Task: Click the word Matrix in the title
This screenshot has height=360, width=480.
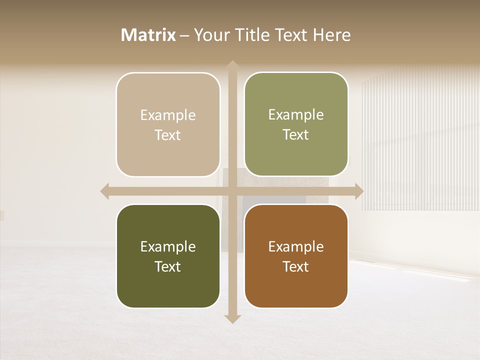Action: [x=148, y=35]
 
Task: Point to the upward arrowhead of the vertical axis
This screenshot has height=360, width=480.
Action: [x=232, y=65]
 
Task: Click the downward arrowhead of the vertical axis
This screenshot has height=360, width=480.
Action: [x=232, y=318]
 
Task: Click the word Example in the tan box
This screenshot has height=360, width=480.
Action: [x=168, y=115]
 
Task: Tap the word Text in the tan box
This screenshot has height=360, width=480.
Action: [x=168, y=135]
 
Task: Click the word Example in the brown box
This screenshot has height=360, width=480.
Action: [x=296, y=246]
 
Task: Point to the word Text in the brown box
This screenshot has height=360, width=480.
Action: [x=296, y=266]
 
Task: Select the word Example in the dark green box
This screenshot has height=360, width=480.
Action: [x=168, y=246]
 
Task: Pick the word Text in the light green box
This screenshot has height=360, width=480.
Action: [x=296, y=134]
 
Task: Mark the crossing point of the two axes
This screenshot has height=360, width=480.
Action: [x=232, y=191]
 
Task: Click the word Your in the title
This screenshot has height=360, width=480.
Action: [x=209, y=35]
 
